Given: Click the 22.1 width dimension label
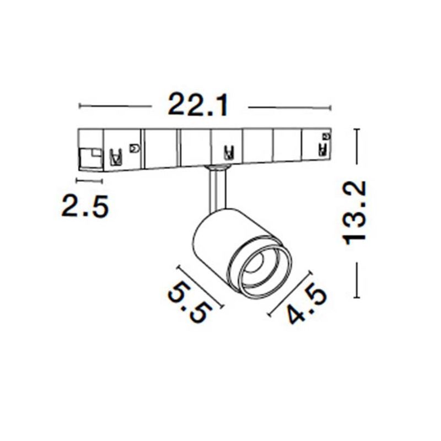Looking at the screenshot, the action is point(198,105).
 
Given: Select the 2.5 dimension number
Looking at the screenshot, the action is point(84,206).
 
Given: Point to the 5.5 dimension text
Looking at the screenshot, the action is point(190,303).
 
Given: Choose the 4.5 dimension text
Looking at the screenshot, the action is point(306,304).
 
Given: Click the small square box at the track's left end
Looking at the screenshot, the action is point(90,158).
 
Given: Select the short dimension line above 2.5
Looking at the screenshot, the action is point(89,181).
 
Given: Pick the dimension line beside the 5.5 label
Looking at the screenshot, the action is point(200,286).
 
